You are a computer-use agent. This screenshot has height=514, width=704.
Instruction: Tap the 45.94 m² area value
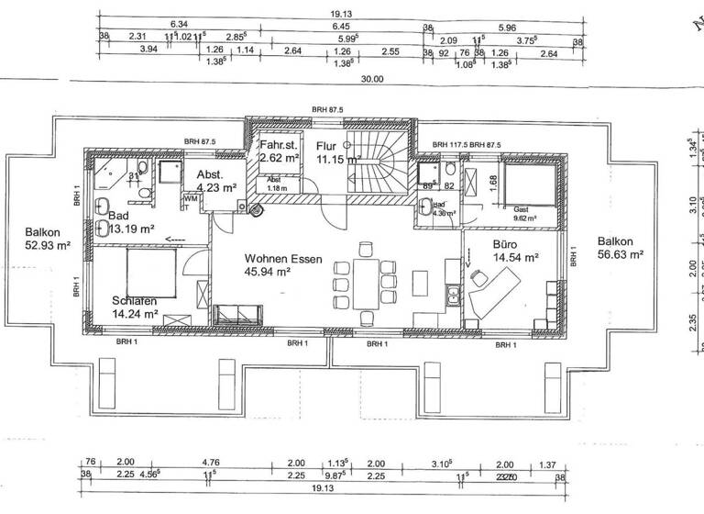[268, 273]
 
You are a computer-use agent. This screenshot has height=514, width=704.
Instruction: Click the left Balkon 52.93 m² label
[38, 240]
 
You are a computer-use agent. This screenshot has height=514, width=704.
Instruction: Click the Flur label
[326, 145]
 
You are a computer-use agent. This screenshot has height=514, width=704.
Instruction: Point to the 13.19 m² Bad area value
[130, 229]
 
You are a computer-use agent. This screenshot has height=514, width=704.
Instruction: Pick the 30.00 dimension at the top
[371, 79]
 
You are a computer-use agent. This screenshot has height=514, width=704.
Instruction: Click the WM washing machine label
[190, 197]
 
